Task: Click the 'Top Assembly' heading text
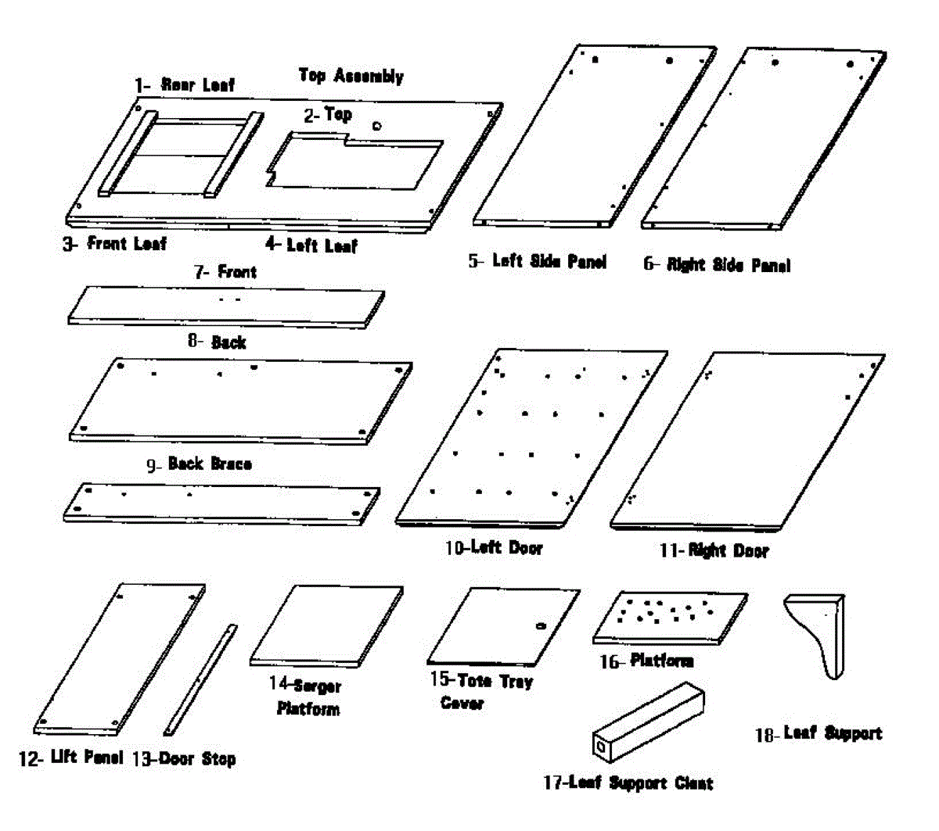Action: click(x=351, y=76)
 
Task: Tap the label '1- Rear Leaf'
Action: click(x=185, y=84)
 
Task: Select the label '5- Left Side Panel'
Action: click(x=537, y=261)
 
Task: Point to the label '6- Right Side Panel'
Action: click(x=717, y=265)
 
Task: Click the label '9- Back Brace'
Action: click(x=200, y=464)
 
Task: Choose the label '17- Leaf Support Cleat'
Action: click(x=628, y=783)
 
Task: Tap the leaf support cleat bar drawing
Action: click(x=648, y=721)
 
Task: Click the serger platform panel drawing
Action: click(x=327, y=625)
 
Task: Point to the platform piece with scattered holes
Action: click(x=670, y=616)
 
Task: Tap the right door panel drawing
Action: click(x=747, y=439)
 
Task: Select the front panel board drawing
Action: click(x=227, y=305)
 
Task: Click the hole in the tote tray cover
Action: click(x=539, y=625)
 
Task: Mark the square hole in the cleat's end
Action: click(x=600, y=747)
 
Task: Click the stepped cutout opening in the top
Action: click(x=352, y=162)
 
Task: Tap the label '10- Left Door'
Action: click(x=494, y=548)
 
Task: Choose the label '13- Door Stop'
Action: click(x=184, y=758)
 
